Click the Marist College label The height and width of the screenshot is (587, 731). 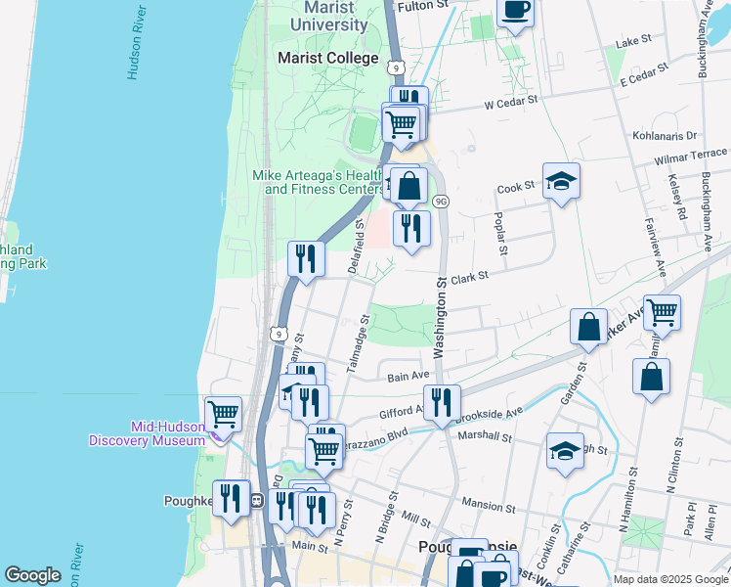(x=327, y=59)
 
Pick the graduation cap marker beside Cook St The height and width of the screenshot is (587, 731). (x=561, y=181)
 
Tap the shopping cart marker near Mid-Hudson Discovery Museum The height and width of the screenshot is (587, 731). (x=224, y=415)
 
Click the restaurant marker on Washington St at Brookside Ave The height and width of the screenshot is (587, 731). (x=442, y=402)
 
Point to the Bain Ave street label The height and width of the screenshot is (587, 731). (x=408, y=376)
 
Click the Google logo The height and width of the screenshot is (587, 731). (x=33, y=575)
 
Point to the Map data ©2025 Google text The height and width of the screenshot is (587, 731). (x=669, y=579)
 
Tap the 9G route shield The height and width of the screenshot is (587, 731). (x=441, y=202)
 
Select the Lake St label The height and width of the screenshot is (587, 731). (x=634, y=42)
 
